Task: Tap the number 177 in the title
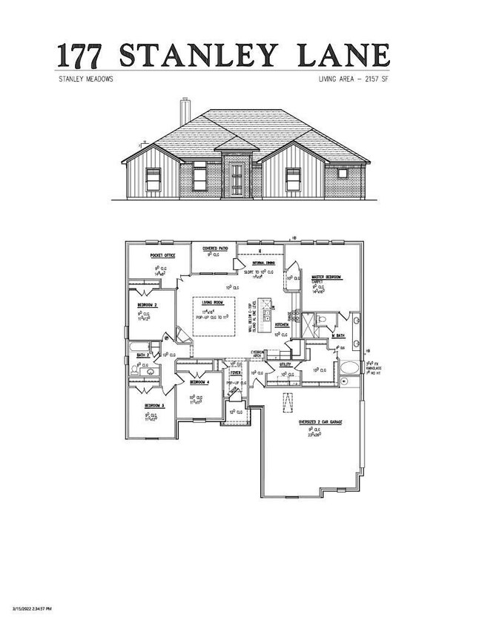[x=85, y=56]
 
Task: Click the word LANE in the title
[x=349, y=56]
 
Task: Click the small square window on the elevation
[x=343, y=174]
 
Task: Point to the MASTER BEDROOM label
[x=326, y=277]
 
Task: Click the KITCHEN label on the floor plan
[x=282, y=325]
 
